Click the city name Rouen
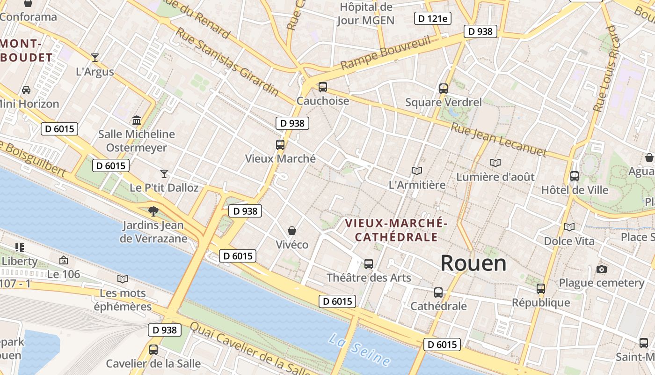pyautogui.click(x=473, y=263)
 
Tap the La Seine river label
pyautogui.click(x=359, y=350)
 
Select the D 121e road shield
pyautogui.click(x=433, y=18)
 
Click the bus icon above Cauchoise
pyautogui.click(x=323, y=87)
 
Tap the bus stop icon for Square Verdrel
pyautogui.click(x=443, y=89)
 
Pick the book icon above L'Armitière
pyautogui.click(x=417, y=171)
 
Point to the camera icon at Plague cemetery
pyautogui.click(x=602, y=269)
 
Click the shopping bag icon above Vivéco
pyautogui.click(x=292, y=231)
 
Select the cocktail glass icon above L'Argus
pyautogui.click(x=95, y=58)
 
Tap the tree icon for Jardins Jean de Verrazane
pyautogui.click(x=153, y=211)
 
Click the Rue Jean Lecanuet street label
pyautogui.click(x=499, y=140)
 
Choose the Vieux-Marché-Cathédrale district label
pyautogui.click(x=396, y=230)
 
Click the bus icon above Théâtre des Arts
pyautogui.click(x=369, y=264)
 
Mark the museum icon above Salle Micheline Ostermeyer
pyautogui.click(x=137, y=120)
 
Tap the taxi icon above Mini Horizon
pyautogui.click(x=26, y=90)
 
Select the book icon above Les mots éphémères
pyautogui.click(x=123, y=279)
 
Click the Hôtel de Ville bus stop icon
pyautogui.click(x=575, y=176)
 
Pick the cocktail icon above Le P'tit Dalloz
pyautogui.click(x=164, y=174)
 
